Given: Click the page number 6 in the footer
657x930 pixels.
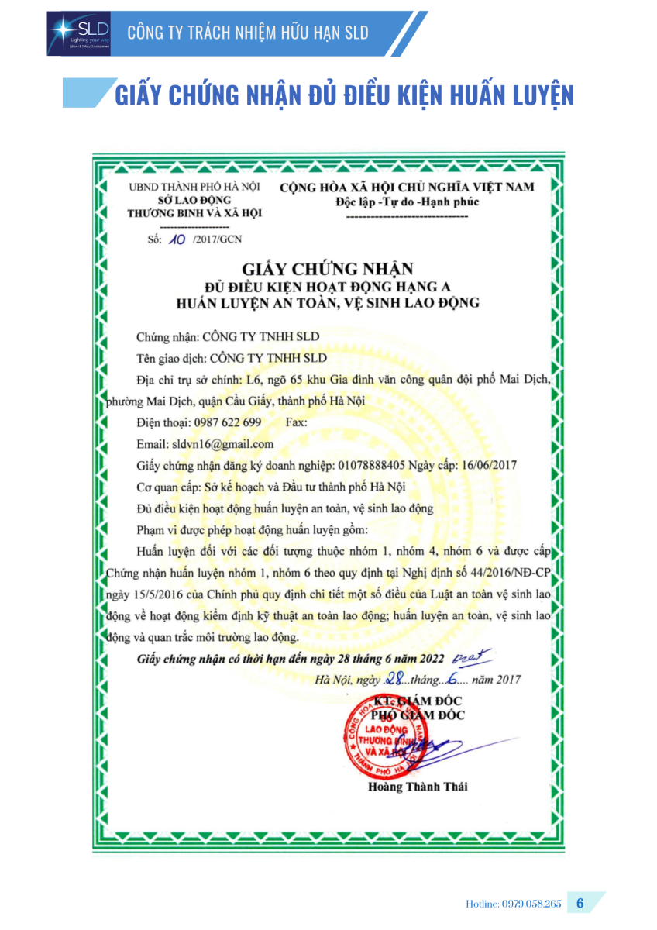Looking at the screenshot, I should pyautogui.click(x=580, y=904).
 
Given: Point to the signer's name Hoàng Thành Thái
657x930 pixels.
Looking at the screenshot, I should pyautogui.click(x=418, y=787).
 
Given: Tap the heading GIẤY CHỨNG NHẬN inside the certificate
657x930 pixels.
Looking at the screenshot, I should pyautogui.click(x=328, y=270).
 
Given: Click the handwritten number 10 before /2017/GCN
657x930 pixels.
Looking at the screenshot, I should pyautogui.click(x=176, y=239).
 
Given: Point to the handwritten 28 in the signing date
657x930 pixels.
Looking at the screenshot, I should pyautogui.click(x=397, y=679).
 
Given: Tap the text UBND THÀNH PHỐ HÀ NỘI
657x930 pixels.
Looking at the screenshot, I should pyautogui.click(x=194, y=187).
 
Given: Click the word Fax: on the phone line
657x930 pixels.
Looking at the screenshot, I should pyautogui.click(x=297, y=423).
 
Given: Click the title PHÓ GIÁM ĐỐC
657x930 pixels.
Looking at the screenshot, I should pyautogui.click(x=423, y=715).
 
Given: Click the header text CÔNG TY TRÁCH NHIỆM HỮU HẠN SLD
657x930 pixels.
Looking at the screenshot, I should pyautogui.click(x=247, y=33).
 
